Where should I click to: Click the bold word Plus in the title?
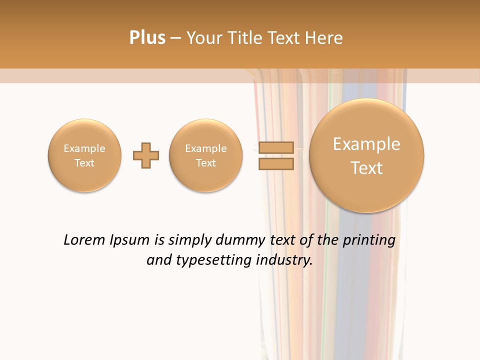147,38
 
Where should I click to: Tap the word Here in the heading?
325,38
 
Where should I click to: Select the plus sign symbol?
146,155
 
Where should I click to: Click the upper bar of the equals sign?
276,147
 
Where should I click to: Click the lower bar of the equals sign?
276,164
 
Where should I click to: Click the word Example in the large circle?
366,144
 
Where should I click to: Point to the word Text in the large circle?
366,168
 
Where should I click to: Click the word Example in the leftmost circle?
84,148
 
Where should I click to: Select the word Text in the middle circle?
206,163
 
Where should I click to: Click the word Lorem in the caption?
84,240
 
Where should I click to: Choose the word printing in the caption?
368,240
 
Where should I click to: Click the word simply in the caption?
188,240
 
